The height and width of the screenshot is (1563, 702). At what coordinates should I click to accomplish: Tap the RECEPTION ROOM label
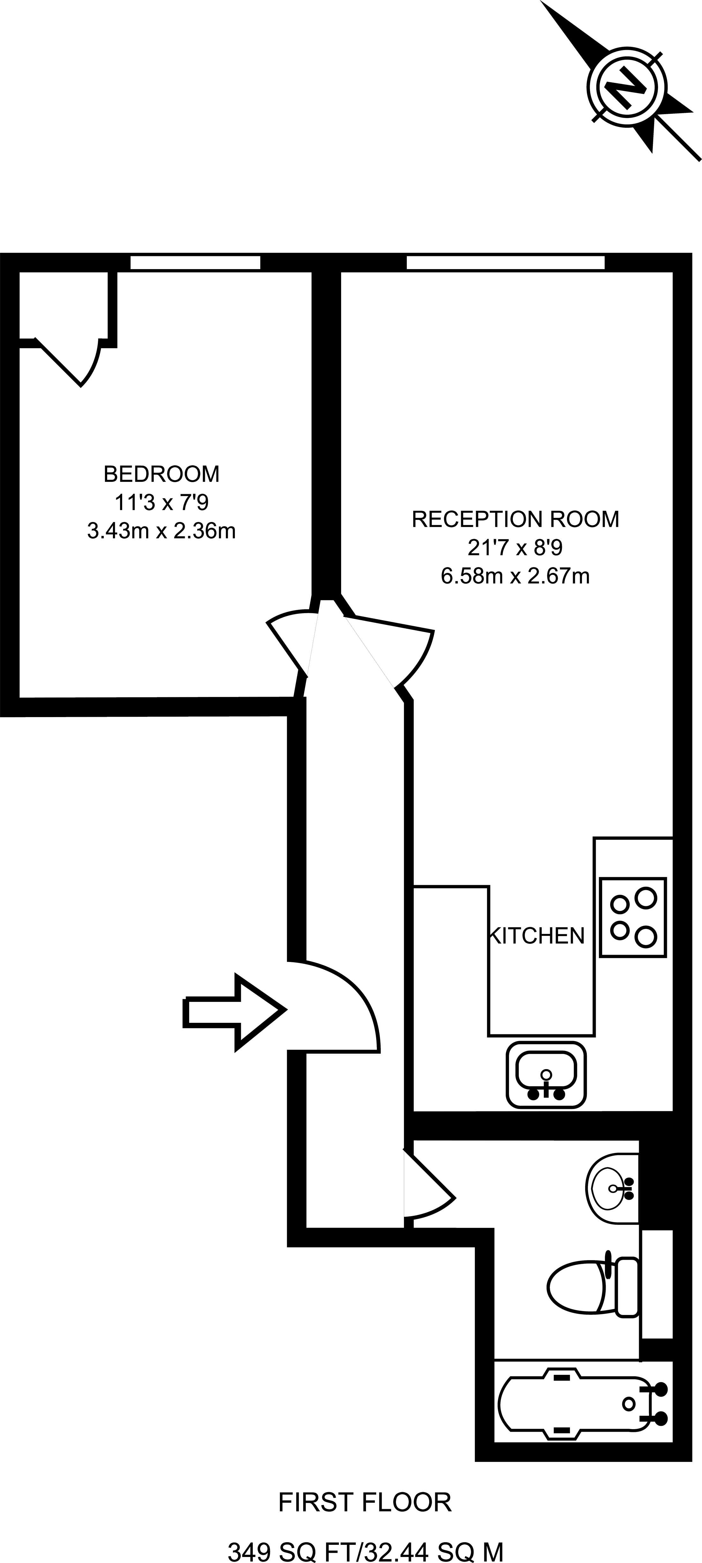(515, 519)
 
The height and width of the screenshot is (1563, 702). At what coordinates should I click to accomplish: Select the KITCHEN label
(537, 936)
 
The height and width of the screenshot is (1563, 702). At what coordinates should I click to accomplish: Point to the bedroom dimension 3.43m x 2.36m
(161, 532)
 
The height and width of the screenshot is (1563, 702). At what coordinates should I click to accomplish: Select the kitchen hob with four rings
(632, 917)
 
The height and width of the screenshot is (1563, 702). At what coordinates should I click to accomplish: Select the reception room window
(505, 263)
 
